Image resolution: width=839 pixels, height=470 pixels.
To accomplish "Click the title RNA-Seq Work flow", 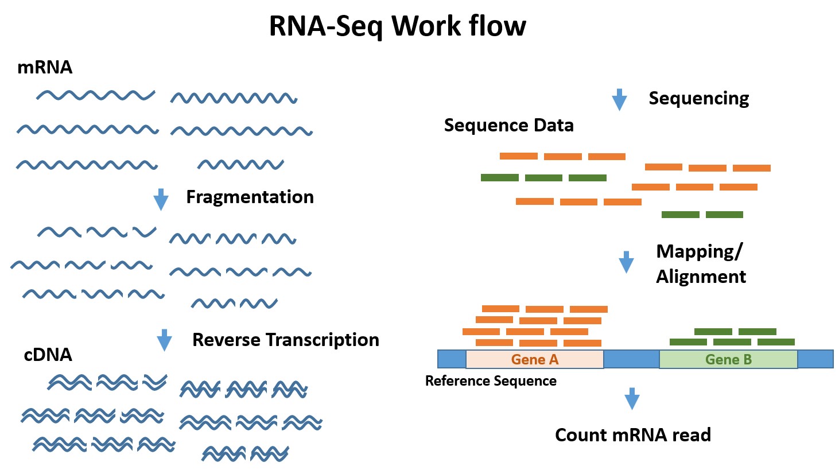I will (x=397, y=26).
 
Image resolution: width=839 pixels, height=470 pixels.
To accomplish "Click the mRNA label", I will (x=45, y=68).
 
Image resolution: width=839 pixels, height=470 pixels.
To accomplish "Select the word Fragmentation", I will (x=250, y=197).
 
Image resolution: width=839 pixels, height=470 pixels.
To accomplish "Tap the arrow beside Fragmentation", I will (x=161, y=199).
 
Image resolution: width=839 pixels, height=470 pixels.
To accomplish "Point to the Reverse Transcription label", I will (x=285, y=340).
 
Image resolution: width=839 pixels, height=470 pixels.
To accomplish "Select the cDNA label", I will (x=48, y=355).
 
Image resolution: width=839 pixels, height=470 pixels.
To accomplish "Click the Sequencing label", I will (x=698, y=99).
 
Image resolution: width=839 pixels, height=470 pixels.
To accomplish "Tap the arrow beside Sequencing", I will (x=619, y=99).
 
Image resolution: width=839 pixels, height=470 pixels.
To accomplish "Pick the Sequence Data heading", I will (x=508, y=126).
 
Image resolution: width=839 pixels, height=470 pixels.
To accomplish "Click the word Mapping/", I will (x=699, y=251).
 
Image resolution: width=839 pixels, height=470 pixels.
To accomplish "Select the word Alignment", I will (x=701, y=277).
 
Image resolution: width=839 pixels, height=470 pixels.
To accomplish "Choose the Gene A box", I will (x=534, y=360).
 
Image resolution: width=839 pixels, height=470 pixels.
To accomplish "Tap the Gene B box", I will (x=728, y=360).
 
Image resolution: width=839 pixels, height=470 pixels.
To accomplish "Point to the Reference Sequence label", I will (x=491, y=381).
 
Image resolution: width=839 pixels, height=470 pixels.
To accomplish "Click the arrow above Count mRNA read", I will (x=632, y=398).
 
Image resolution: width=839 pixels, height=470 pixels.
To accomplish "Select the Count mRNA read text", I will (x=632, y=435).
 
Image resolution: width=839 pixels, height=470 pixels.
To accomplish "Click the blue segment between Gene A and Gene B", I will (x=631, y=360).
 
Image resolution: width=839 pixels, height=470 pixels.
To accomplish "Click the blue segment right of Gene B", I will (x=815, y=360).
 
